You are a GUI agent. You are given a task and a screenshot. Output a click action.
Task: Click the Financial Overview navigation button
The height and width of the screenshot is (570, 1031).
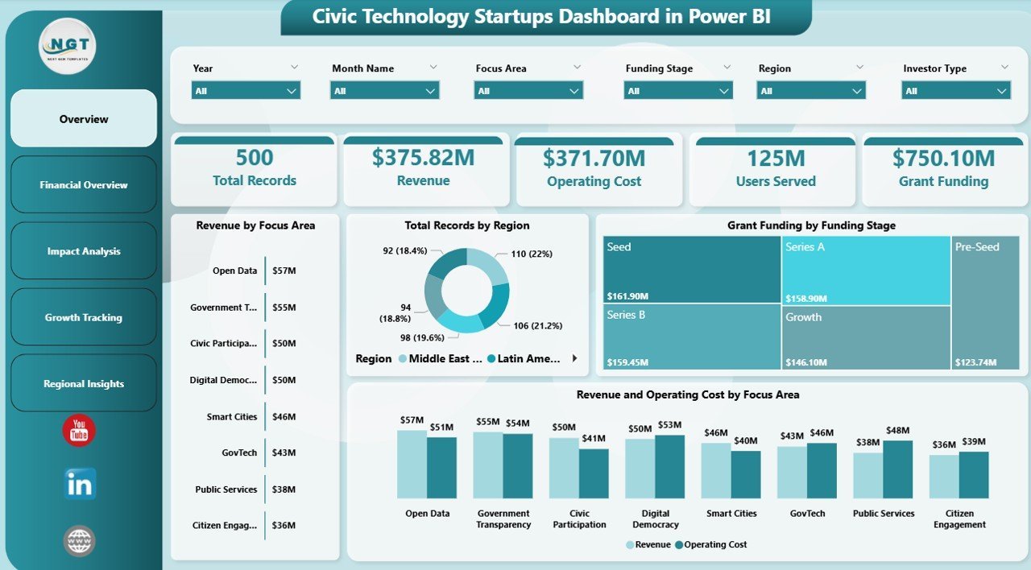pyautogui.click(x=84, y=185)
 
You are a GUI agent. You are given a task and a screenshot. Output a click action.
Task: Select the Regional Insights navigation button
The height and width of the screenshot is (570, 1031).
pyautogui.click(x=84, y=384)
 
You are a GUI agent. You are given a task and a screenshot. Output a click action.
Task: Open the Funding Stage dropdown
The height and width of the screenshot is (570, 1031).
pyautogui.click(x=678, y=91)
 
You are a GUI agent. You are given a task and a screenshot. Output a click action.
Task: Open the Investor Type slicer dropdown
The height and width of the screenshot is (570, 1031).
pyautogui.click(x=955, y=91)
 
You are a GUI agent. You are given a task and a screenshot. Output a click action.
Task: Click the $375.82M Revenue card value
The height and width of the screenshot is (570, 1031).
pyautogui.click(x=423, y=159)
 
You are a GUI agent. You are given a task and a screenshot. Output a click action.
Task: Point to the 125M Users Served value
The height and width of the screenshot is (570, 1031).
pyautogui.click(x=776, y=159)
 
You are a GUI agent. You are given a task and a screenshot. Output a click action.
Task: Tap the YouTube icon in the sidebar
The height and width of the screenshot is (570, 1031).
pyautogui.click(x=79, y=431)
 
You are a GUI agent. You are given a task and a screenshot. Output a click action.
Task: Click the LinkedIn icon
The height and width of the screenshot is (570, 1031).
pyautogui.click(x=80, y=485)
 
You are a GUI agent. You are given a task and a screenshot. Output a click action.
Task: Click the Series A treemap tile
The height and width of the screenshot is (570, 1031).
pyautogui.click(x=866, y=270)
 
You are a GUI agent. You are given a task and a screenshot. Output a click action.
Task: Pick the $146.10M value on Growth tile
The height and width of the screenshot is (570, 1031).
pyautogui.click(x=807, y=363)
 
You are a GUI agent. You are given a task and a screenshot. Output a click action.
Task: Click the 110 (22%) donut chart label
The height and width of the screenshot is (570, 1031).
pyautogui.click(x=531, y=254)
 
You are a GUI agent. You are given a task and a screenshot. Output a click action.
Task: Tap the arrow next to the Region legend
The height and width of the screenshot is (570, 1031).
pyautogui.click(x=574, y=358)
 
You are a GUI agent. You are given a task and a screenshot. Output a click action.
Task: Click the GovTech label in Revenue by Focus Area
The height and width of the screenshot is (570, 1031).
pyautogui.click(x=239, y=453)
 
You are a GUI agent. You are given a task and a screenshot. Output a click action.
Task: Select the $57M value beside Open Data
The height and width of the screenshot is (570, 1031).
pyautogui.click(x=284, y=271)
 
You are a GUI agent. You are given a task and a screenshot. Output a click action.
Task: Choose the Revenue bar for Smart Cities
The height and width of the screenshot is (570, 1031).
pyautogui.click(x=716, y=471)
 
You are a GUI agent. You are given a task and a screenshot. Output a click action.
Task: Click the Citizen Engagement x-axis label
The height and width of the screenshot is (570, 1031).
pyautogui.click(x=959, y=518)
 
